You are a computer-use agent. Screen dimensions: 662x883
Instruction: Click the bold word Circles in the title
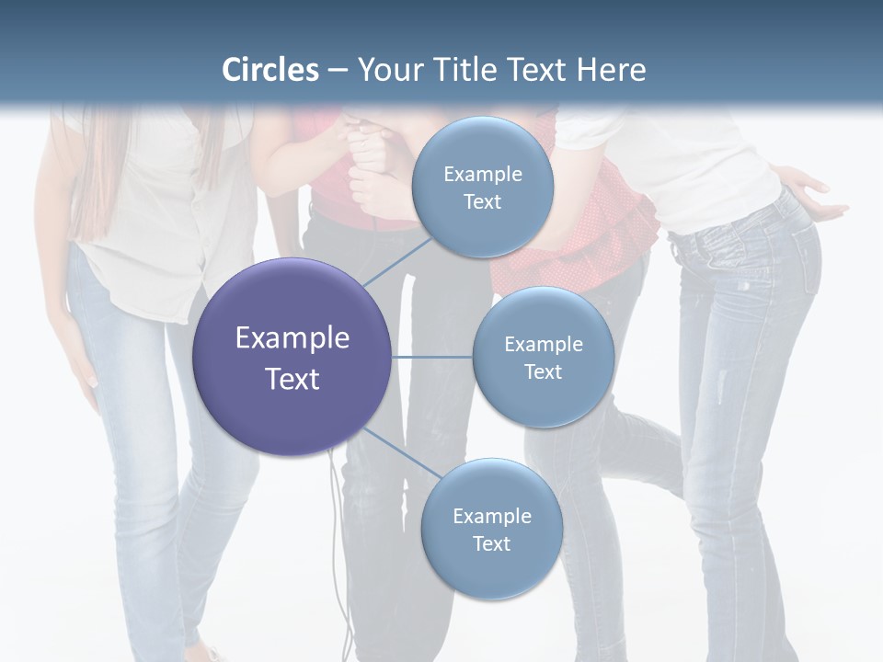[270, 70]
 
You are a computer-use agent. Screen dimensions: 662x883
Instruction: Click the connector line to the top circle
[397, 261]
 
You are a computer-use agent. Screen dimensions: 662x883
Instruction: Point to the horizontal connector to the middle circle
[431, 357]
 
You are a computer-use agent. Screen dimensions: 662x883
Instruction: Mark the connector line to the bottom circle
[401, 452]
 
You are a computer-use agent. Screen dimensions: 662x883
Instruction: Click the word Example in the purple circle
[292, 338]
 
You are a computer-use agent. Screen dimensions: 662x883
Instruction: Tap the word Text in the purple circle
[292, 379]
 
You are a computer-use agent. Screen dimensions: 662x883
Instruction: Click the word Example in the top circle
[483, 175]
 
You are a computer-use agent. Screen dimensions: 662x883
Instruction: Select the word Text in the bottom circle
[491, 543]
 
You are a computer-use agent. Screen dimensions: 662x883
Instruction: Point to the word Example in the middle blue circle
[543, 345]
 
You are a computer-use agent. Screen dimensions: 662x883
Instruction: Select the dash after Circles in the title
[338, 70]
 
